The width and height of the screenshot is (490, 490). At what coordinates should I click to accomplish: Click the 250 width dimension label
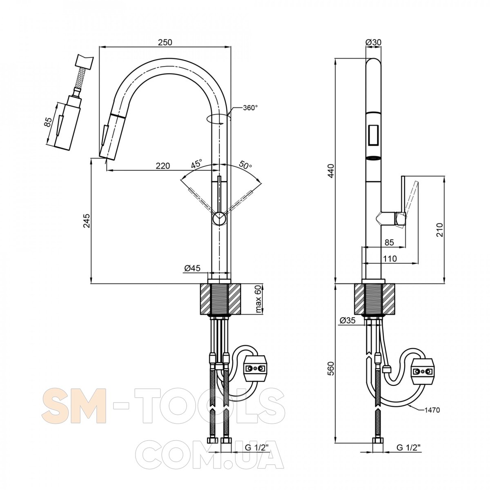165,42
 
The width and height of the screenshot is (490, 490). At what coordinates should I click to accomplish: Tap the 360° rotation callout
250,108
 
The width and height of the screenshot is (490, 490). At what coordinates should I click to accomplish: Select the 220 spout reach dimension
163,166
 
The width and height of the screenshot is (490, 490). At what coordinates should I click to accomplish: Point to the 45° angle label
196,163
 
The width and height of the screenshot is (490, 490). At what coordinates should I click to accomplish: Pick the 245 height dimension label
87,221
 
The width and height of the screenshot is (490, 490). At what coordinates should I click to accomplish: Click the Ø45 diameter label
192,268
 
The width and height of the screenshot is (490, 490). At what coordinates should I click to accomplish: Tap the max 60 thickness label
258,299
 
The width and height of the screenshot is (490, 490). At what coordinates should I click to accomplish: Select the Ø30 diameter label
374,42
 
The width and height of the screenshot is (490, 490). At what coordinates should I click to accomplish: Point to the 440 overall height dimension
331,171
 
